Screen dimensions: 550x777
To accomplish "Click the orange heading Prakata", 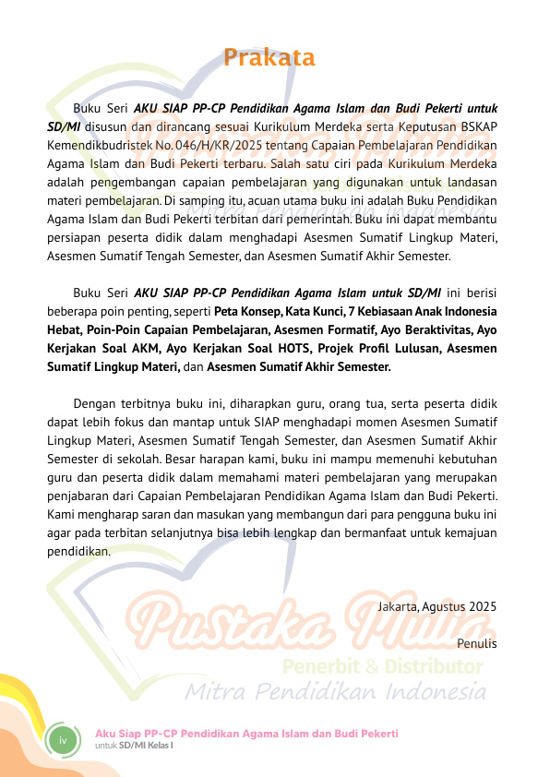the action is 269,58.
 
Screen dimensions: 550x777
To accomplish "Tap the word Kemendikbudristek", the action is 93,145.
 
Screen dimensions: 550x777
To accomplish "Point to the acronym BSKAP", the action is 477,126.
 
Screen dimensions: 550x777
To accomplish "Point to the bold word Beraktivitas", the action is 437,329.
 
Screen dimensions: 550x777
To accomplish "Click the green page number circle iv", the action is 63,741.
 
